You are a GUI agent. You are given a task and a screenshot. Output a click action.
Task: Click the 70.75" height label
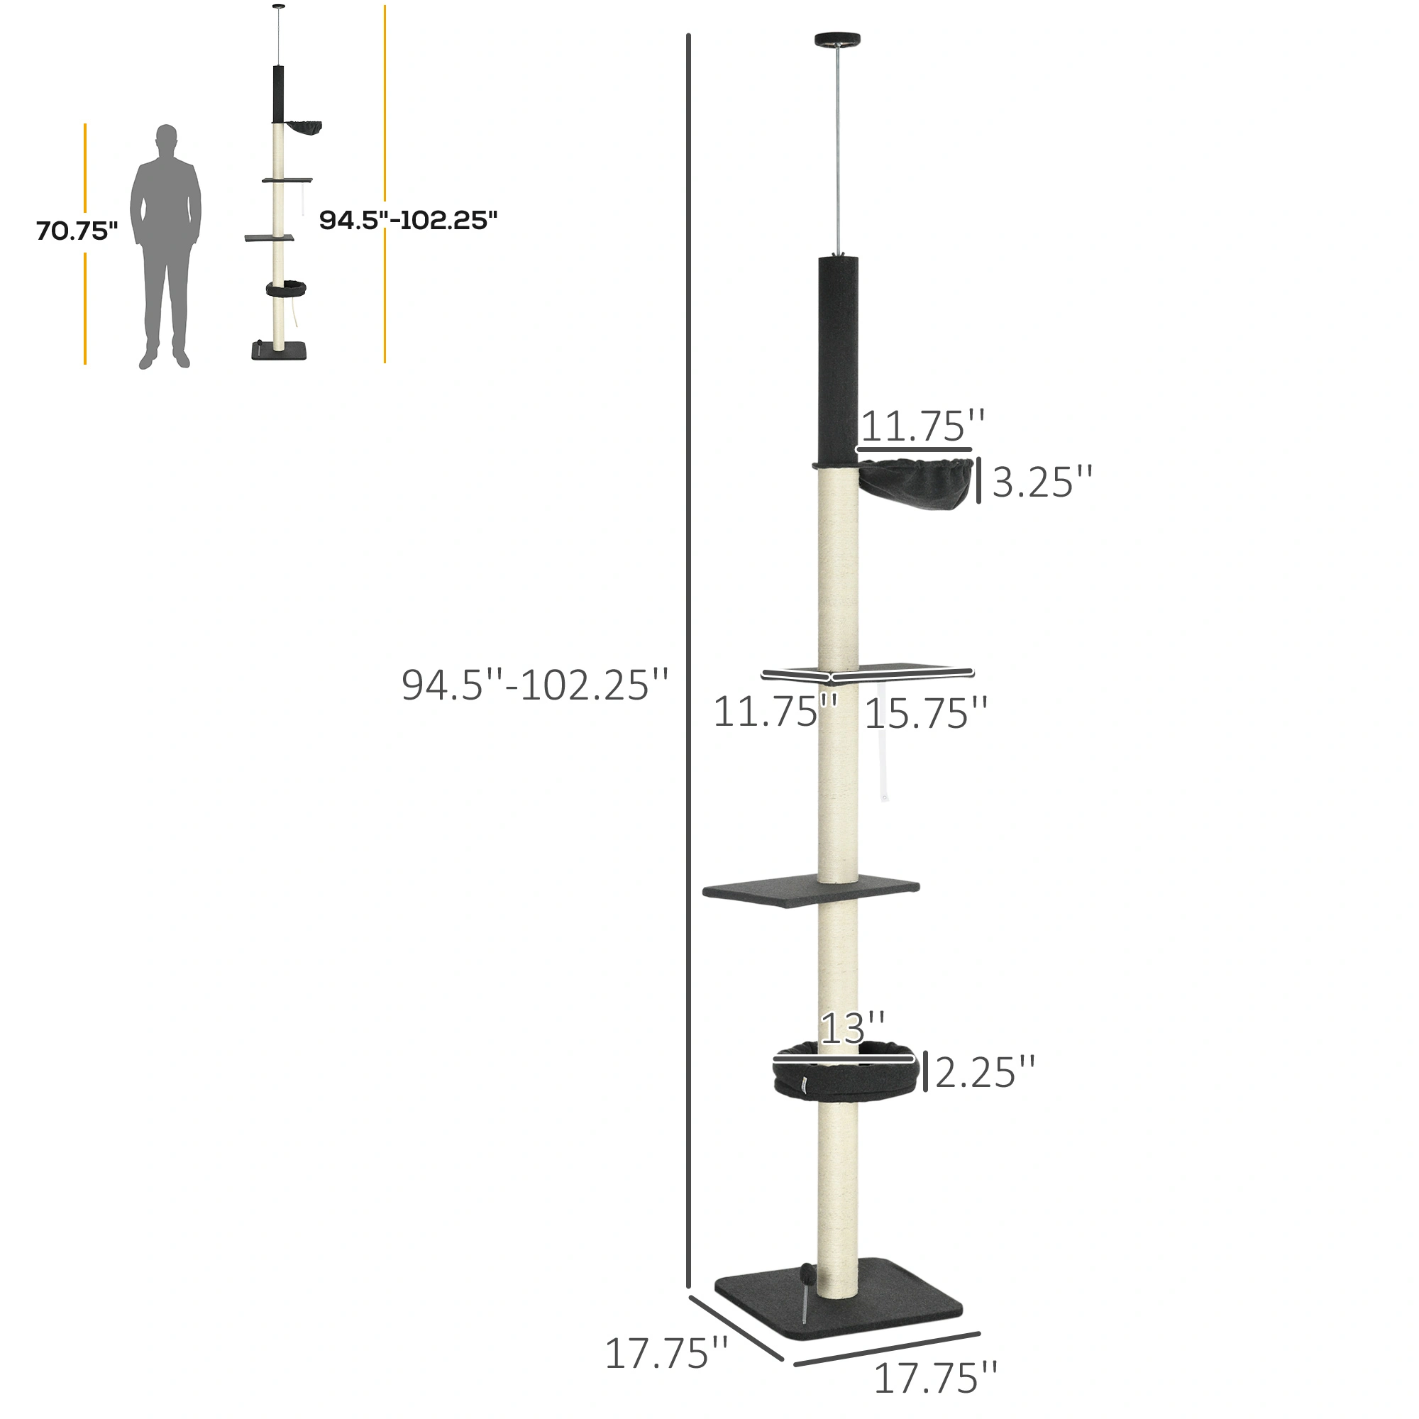[x=77, y=231]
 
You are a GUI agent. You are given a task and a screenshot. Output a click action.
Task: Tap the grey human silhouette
[x=165, y=246]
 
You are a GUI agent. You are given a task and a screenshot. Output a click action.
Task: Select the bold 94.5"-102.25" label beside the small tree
[x=409, y=221]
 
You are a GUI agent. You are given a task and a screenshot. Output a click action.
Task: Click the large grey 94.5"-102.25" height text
[x=535, y=685]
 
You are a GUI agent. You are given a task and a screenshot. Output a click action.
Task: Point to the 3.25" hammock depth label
[x=1042, y=482]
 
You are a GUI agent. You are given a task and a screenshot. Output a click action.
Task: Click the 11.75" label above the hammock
[x=922, y=426]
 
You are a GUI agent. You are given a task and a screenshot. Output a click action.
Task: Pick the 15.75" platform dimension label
[x=925, y=713]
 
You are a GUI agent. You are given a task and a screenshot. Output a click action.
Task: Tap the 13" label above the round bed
[x=852, y=1028]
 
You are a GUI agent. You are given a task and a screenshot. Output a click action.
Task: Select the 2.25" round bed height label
[x=985, y=1072]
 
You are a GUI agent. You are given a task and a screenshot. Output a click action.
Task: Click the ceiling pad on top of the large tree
[x=837, y=40]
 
